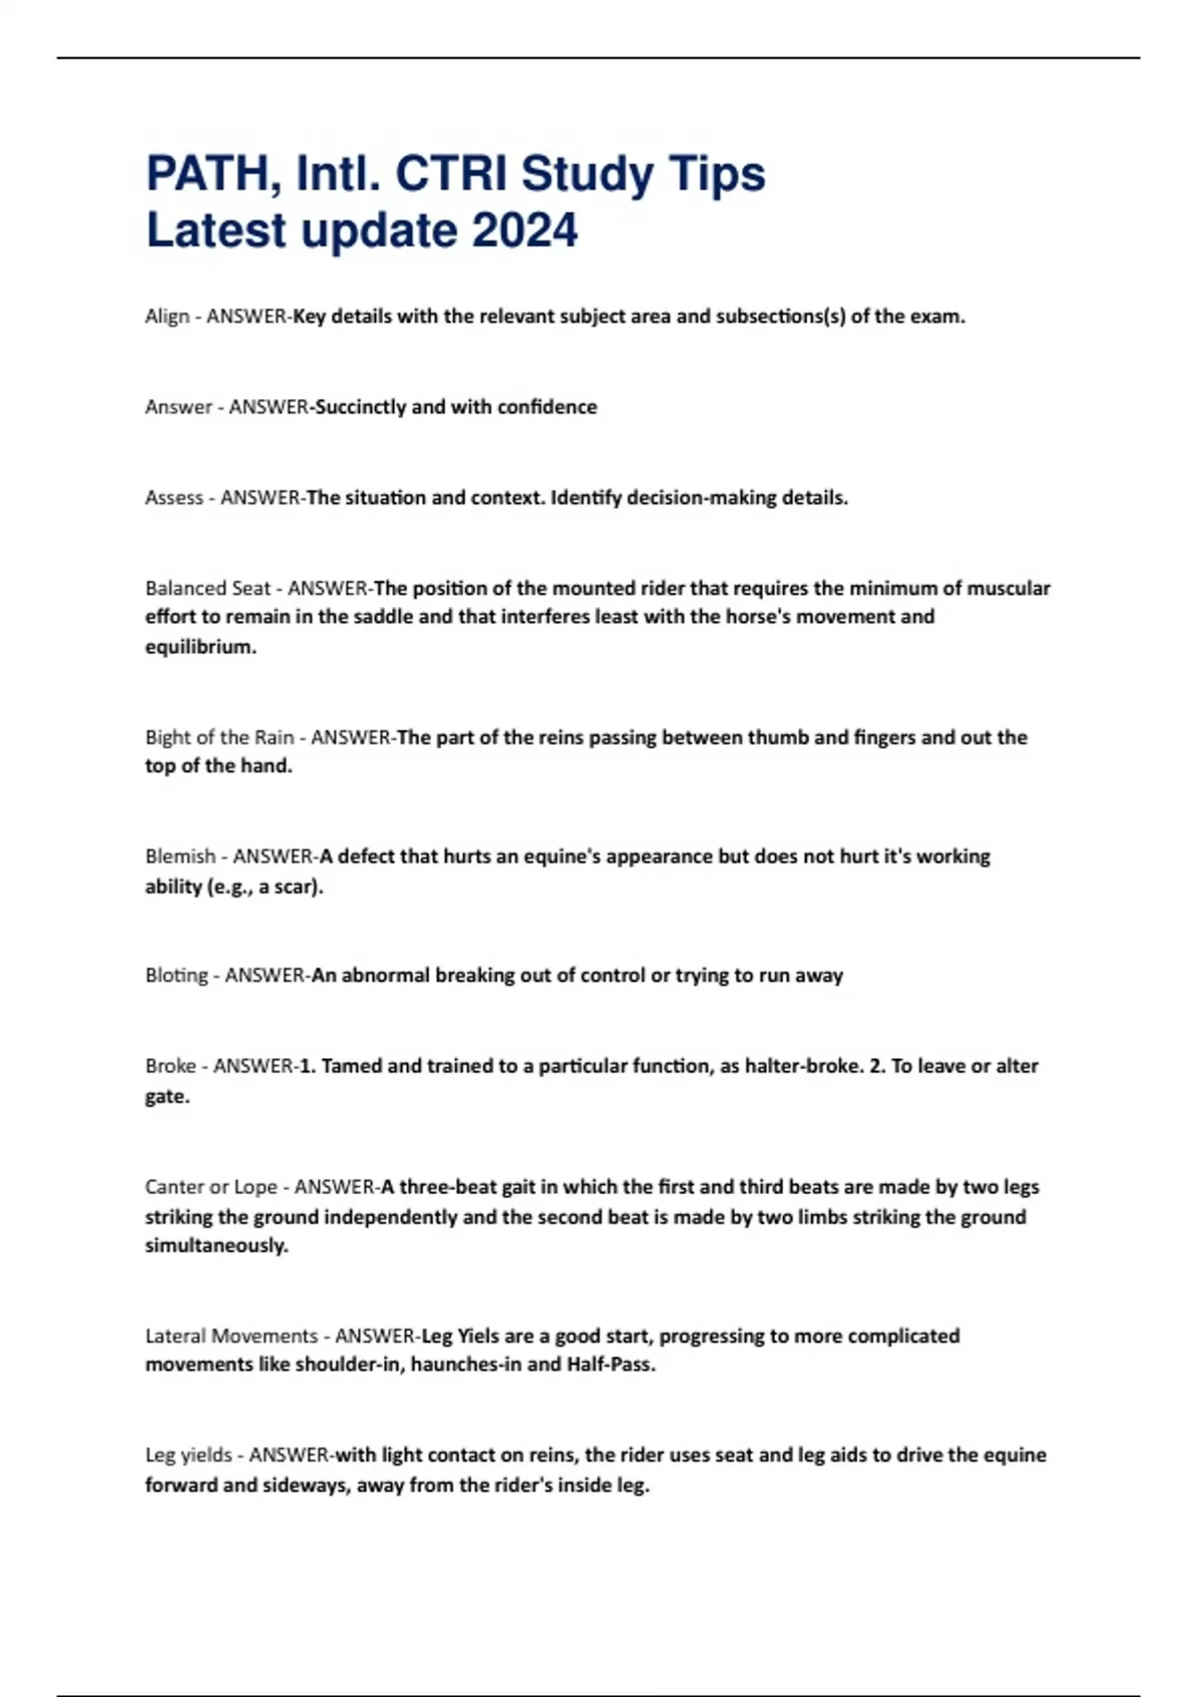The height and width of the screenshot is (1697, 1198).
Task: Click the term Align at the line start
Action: [x=167, y=316]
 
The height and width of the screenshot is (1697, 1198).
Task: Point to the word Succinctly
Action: [x=360, y=407]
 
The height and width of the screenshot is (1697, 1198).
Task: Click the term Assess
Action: [x=174, y=498]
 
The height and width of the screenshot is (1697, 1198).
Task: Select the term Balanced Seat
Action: [x=208, y=588]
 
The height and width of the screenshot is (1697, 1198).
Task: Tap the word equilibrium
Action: [x=200, y=647]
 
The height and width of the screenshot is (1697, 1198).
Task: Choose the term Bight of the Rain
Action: [x=220, y=738]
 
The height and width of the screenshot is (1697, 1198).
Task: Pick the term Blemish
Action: [x=181, y=856]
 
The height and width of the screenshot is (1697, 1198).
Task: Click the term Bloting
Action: [x=177, y=975]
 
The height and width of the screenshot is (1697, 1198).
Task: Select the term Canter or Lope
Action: [x=212, y=1187]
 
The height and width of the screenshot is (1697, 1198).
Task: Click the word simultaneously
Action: [x=216, y=1246]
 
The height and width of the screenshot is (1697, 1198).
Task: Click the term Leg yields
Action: [x=189, y=1455]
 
